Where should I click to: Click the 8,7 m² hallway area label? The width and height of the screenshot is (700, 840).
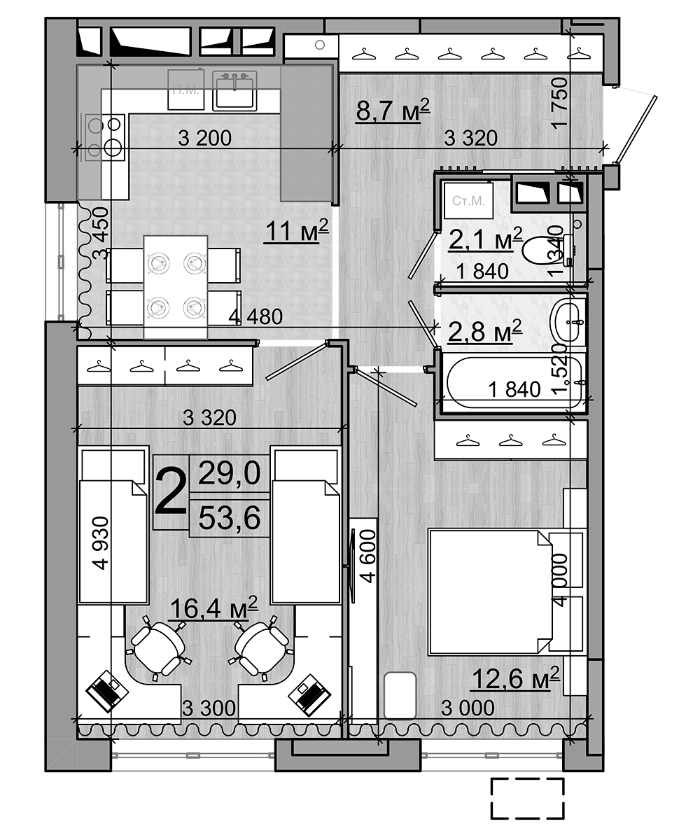point(392,111)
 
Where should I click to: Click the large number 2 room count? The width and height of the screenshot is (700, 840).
point(170,491)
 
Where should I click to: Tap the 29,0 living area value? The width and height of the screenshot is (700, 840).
point(230,473)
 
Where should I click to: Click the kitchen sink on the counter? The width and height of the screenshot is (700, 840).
point(234,90)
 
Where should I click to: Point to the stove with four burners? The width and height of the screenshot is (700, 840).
point(104,136)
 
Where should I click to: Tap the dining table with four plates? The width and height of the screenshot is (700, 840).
point(175,286)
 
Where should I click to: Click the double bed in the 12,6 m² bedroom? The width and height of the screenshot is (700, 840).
point(490,591)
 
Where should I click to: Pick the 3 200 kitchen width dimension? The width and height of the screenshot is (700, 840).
point(204,139)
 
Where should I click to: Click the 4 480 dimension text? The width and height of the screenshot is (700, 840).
point(255,317)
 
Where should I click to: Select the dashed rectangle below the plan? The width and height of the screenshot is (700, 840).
point(527,798)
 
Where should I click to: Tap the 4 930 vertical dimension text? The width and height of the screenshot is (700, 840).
point(102,542)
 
